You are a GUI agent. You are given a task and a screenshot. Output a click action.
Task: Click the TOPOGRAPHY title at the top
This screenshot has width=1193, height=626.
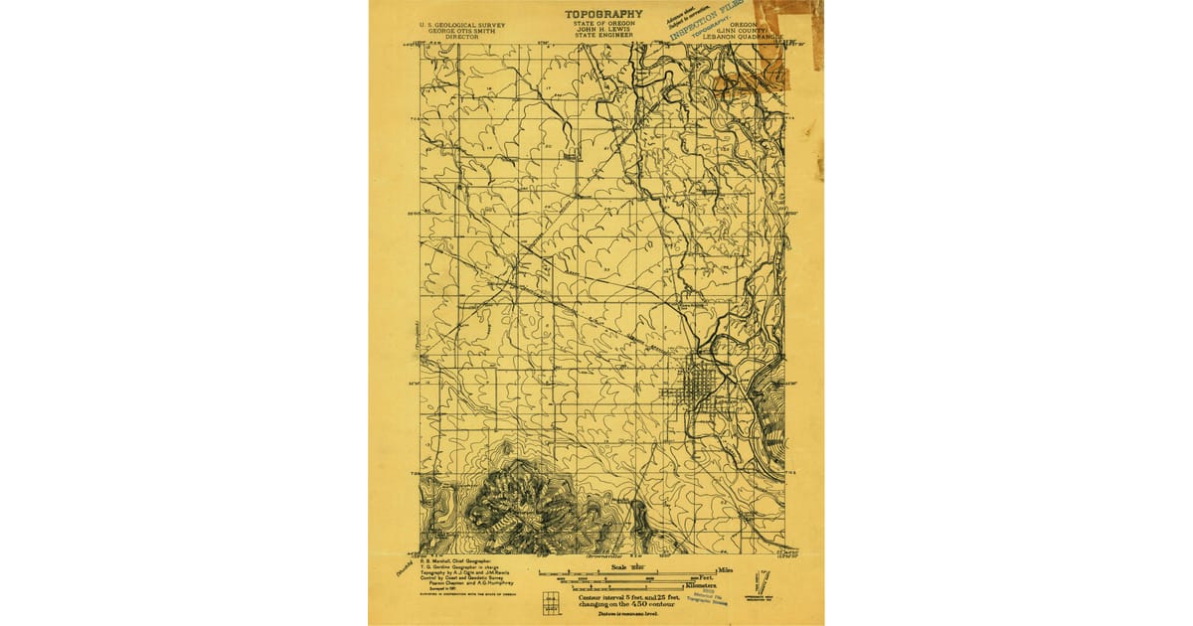click(x=603, y=14)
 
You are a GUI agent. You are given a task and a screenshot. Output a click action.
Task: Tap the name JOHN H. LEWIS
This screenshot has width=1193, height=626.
click(x=603, y=30)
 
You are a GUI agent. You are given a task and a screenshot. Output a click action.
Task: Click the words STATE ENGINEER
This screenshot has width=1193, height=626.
click(x=603, y=36)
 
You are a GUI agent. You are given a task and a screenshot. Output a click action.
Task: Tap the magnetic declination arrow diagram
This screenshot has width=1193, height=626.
click(x=763, y=579)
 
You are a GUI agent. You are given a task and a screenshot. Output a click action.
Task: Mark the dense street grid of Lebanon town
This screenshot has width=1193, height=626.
click(x=698, y=383)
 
